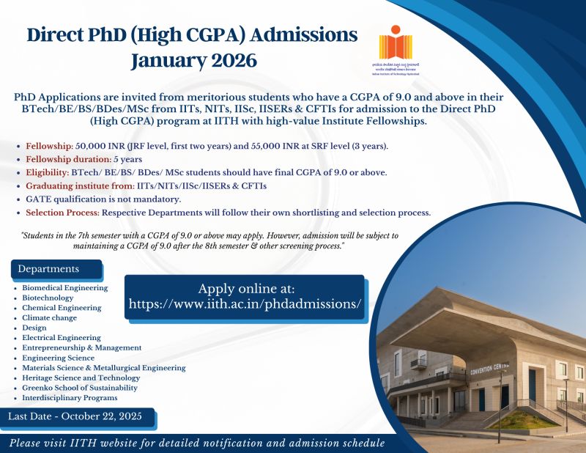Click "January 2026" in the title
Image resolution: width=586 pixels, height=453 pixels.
(x=193, y=60)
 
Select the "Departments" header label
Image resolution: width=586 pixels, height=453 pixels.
(x=48, y=269)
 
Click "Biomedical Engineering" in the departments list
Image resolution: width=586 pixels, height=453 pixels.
(x=64, y=288)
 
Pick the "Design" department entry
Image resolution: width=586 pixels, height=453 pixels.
(x=35, y=328)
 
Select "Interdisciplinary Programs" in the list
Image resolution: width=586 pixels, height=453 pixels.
(x=70, y=397)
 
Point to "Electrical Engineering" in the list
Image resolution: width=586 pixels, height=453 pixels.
(x=62, y=338)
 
